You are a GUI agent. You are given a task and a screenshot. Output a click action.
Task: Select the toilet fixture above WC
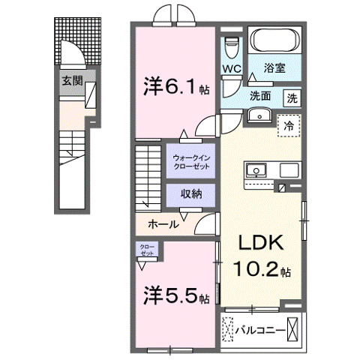tap(231, 47)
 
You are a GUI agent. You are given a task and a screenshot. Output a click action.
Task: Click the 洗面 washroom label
tap(260, 97)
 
